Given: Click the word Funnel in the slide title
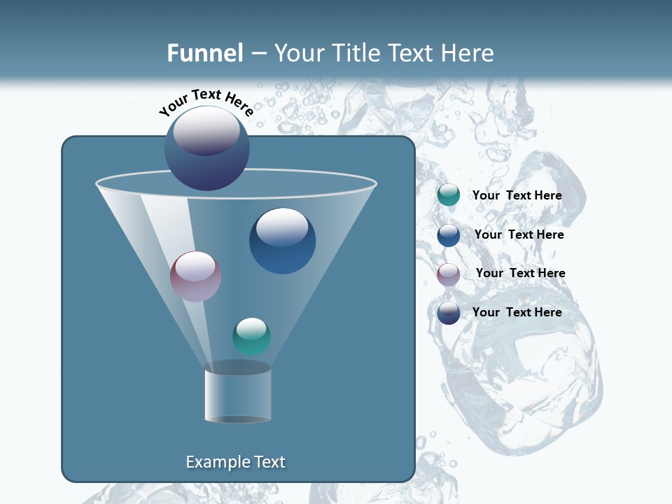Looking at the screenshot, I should pos(204,53).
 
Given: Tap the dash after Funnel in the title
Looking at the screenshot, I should pos(258,54).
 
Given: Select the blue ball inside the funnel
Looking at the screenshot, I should pos(282,241).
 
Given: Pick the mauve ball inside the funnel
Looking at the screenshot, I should pos(195,276).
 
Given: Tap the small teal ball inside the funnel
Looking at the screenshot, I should pos(251,337).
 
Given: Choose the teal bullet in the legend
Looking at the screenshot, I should pos(449,195).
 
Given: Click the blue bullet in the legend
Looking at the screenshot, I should pos(449,234).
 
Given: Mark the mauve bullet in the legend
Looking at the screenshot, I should pos(449,274).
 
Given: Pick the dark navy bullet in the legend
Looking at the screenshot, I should pos(449,313).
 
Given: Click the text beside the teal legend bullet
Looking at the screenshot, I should pos(517,195).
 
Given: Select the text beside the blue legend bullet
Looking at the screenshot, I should pos(519,234).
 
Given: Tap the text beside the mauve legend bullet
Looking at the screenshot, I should pos(520,273).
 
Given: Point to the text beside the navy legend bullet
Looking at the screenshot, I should pos(517,312).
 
